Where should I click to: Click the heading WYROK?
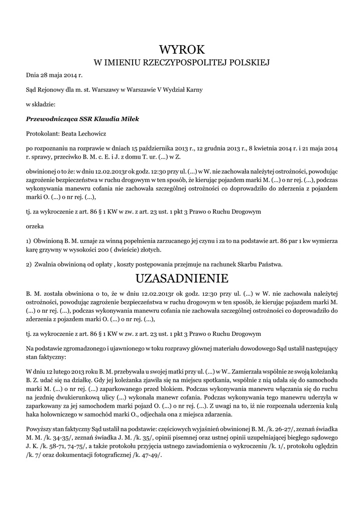(182, 50)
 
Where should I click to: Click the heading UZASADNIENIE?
(182, 278)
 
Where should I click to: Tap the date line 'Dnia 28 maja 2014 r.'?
(54, 75)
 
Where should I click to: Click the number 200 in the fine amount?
(104, 249)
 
